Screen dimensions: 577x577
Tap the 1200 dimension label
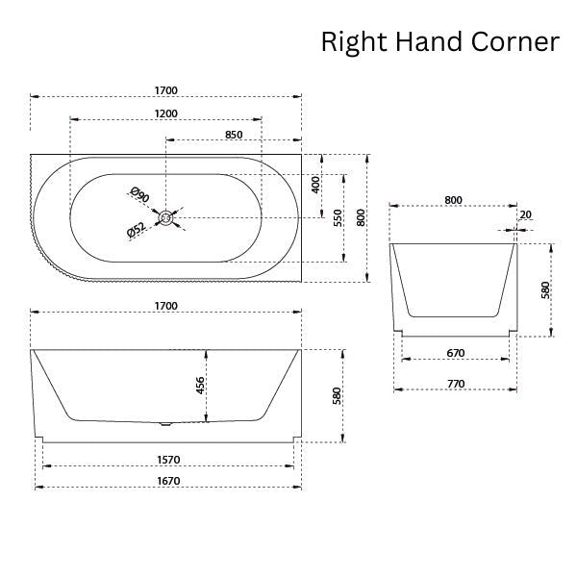[165, 113]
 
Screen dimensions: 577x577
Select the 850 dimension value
[233, 135]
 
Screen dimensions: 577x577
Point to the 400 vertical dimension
[315, 184]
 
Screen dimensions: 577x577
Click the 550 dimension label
[338, 217]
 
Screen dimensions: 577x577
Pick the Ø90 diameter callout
[139, 195]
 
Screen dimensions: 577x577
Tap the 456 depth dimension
[200, 385]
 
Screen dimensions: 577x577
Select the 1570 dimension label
[165, 460]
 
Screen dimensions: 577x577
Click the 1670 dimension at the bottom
[165, 481]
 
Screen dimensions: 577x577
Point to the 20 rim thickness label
[524, 215]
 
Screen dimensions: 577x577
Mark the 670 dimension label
[456, 353]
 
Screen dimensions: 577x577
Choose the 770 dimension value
[456, 383]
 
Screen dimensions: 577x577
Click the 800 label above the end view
[454, 200]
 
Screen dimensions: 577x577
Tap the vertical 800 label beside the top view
[362, 217]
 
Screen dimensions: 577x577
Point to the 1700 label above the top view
[165, 90]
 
